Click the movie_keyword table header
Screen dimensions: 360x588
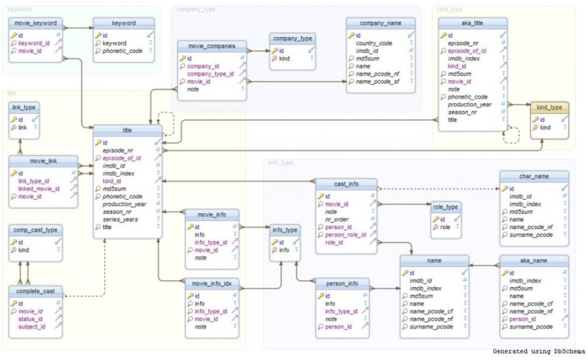click(x=36, y=24)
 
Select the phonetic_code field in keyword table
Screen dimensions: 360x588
click(x=123, y=51)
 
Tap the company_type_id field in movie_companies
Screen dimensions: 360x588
click(x=210, y=74)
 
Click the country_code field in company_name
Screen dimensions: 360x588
click(x=374, y=43)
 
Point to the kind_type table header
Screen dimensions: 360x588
click(x=549, y=107)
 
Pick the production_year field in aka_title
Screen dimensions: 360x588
click(x=470, y=104)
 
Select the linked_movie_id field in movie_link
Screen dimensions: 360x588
click(x=38, y=189)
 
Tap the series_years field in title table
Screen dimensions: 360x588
click(x=120, y=219)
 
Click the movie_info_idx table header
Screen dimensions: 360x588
click(x=212, y=283)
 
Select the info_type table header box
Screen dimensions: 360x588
click(x=285, y=230)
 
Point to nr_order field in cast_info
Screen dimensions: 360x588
click(x=336, y=219)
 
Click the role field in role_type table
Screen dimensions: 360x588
click(x=446, y=227)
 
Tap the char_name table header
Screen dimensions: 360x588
click(x=533, y=176)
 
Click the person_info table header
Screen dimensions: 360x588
click(x=342, y=283)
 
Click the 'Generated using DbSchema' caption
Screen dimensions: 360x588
click(x=538, y=351)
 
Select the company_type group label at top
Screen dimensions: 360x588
click(x=196, y=10)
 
